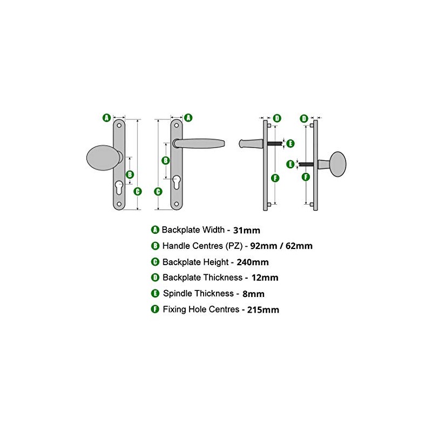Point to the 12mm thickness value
(x=264, y=278)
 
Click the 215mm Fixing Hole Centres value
(x=264, y=310)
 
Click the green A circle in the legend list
(x=156, y=230)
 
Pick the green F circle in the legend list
(x=156, y=310)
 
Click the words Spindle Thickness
(x=198, y=294)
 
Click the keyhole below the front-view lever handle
(x=177, y=183)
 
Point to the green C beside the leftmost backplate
(x=138, y=191)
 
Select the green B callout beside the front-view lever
(x=166, y=160)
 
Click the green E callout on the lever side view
(x=290, y=143)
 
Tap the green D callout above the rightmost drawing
(x=304, y=118)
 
